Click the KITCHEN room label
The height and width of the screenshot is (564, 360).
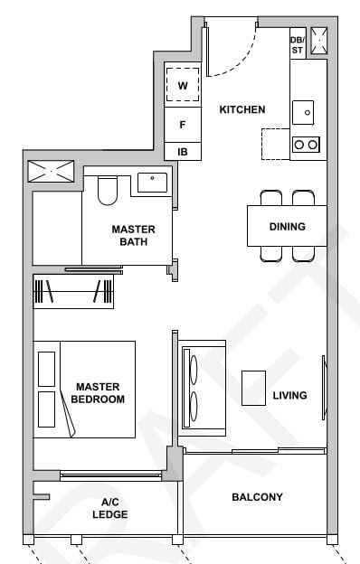click(242, 109)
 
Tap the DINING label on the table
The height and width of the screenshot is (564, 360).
click(287, 227)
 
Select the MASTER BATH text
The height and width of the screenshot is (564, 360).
click(133, 235)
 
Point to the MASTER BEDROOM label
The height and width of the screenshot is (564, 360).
click(99, 392)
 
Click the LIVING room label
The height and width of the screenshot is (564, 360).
click(289, 395)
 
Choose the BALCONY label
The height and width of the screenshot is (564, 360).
click(257, 497)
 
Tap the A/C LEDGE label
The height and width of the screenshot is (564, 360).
click(109, 508)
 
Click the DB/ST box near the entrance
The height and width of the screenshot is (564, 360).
click(297, 44)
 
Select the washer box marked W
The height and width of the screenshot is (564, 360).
click(183, 85)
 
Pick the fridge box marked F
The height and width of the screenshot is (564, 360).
click(183, 125)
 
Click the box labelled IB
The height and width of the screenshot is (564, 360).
click(183, 152)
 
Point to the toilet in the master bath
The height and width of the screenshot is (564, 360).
click(108, 190)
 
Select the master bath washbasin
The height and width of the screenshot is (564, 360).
click(152, 183)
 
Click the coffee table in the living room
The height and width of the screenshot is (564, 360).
click(253, 388)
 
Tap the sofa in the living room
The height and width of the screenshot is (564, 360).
click(201, 387)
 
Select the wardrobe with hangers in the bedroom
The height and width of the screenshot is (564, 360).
click(73, 293)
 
